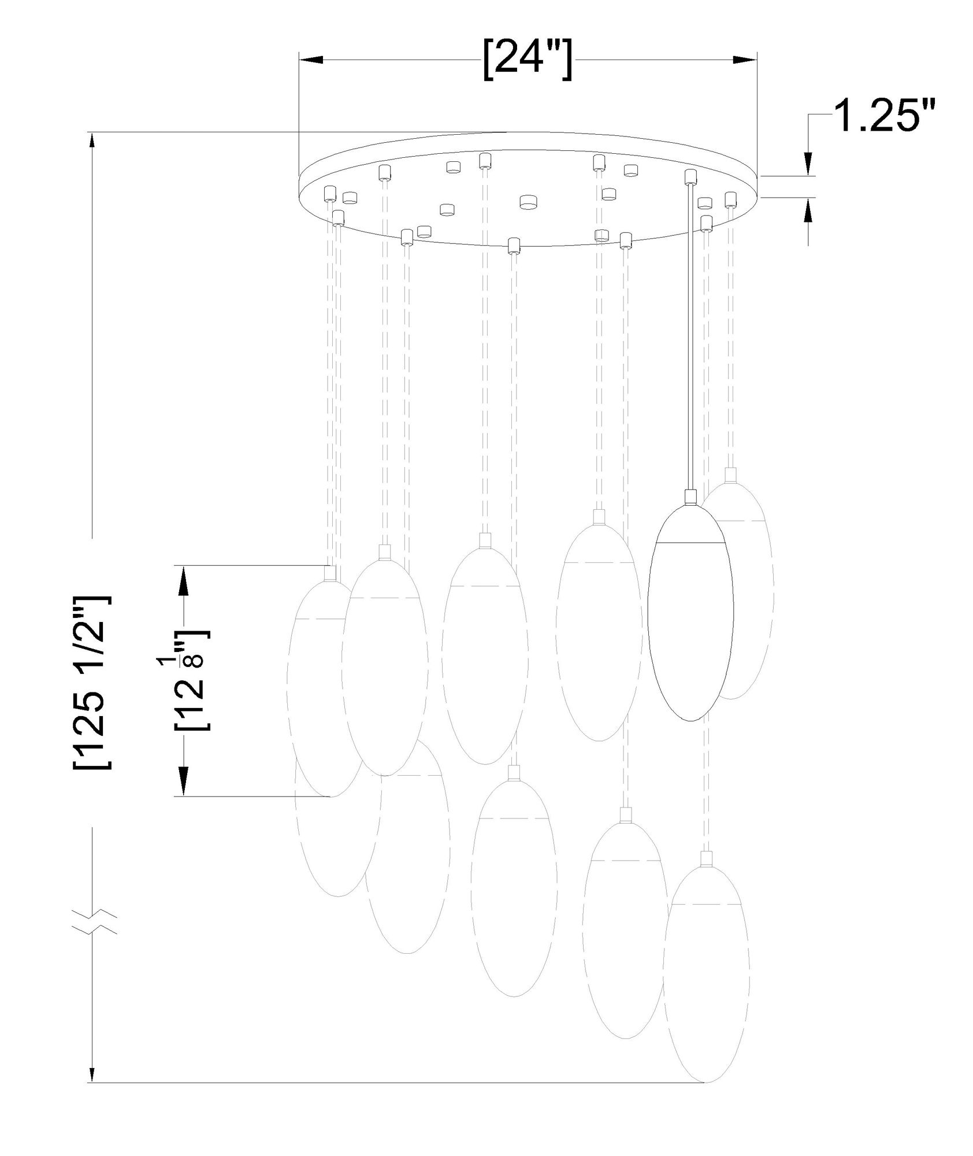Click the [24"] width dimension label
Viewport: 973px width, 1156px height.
pos(528,60)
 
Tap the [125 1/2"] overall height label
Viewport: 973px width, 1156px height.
pos(91,681)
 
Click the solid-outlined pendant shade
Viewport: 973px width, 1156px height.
pos(690,630)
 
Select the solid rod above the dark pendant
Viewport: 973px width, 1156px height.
pos(689,335)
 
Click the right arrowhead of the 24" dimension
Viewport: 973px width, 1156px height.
pos(745,60)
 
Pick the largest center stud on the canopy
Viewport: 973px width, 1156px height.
pos(528,202)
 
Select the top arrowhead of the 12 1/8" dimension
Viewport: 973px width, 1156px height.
pos(183,578)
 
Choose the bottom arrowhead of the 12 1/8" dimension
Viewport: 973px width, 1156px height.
pos(183,783)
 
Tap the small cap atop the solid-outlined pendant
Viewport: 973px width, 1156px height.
pos(689,497)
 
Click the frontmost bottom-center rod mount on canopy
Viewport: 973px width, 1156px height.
pos(513,246)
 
